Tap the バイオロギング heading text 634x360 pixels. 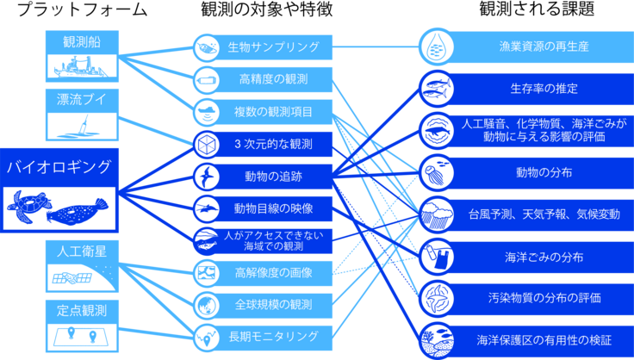pyautogui.click(x=59, y=166)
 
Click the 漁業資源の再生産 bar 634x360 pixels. pyautogui.click(x=543, y=47)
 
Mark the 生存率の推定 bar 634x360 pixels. pyautogui.click(x=543, y=88)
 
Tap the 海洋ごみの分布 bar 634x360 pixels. pyautogui.click(x=543, y=256)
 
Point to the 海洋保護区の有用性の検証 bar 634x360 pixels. pyautogui.click(x=543, y=338)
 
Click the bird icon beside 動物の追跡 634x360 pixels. pyautogui.click(x=208, y=176)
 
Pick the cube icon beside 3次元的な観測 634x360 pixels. pyautogui.click(x=208, y=143)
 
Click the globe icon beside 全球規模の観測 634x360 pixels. pyautogui.click(x=208, y=304)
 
